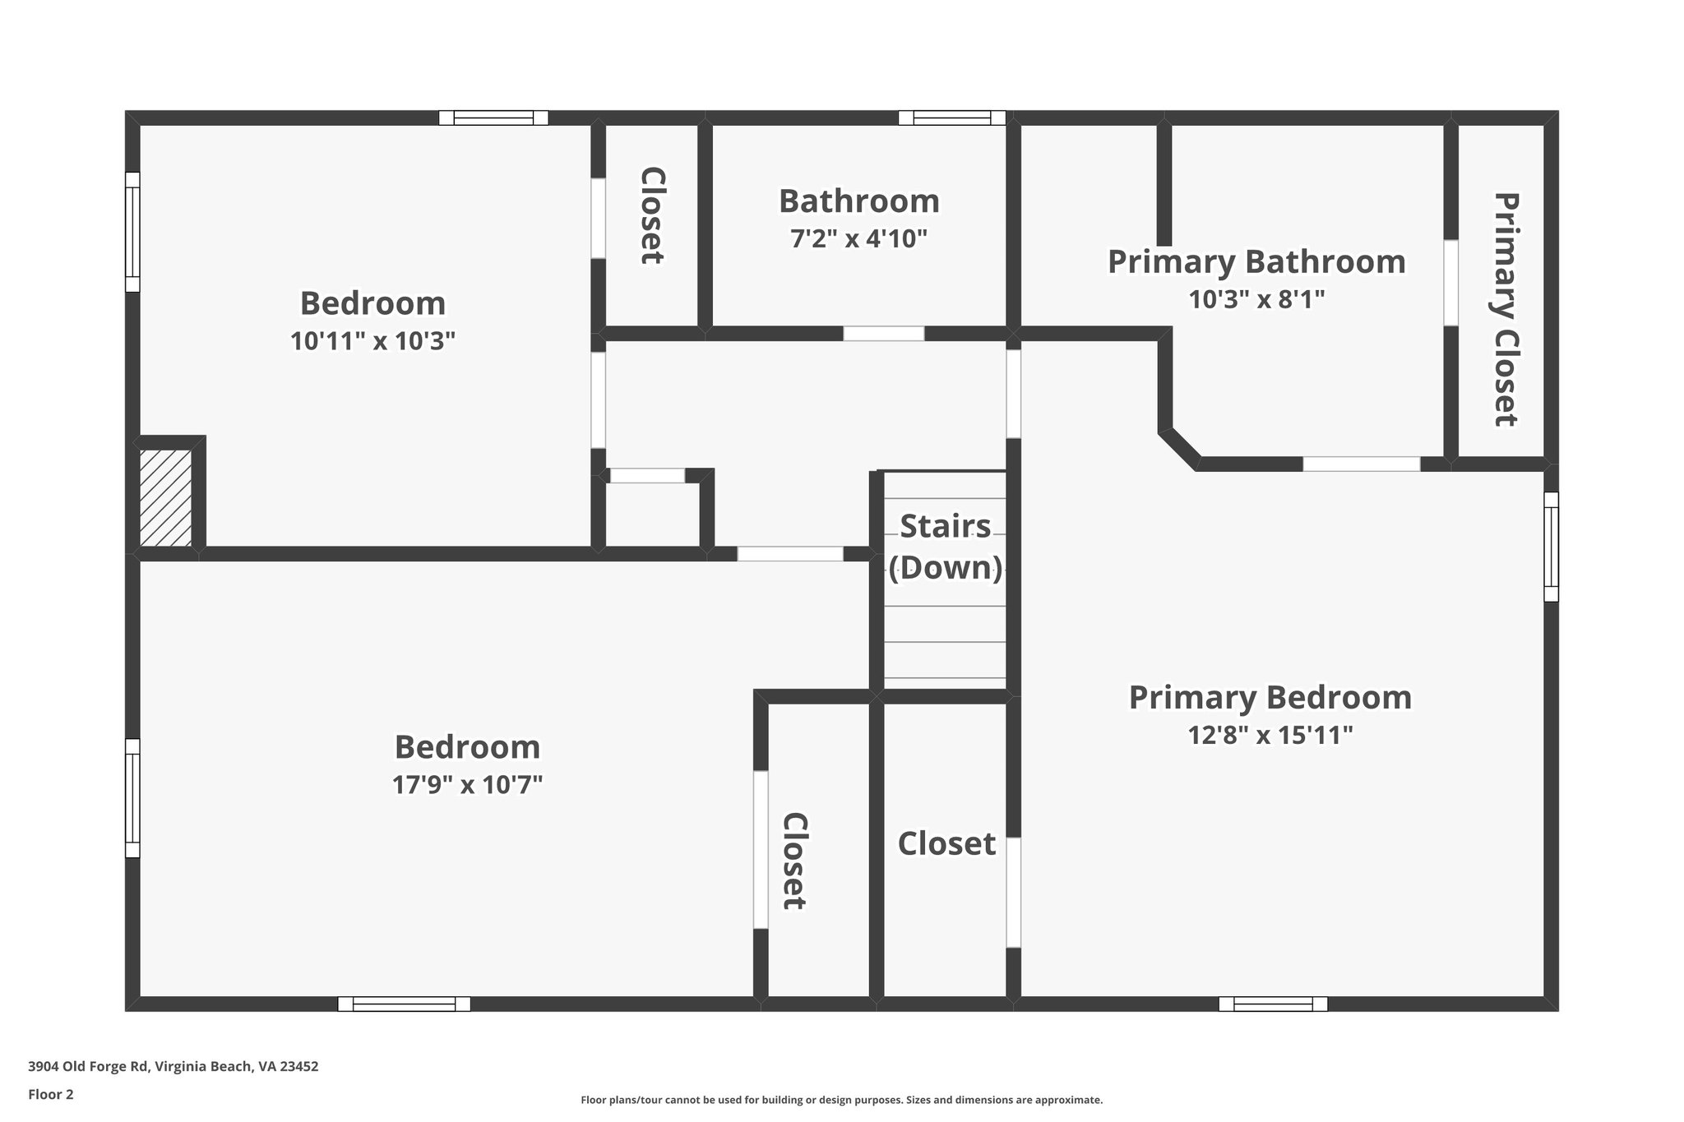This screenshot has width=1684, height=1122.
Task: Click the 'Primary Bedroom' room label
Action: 1270,698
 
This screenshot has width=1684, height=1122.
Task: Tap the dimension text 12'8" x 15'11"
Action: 1270,735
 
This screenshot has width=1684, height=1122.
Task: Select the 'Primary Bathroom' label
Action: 1256,262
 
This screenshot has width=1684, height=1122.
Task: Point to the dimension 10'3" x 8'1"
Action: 1256,299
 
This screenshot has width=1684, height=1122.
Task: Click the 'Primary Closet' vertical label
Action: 1504,309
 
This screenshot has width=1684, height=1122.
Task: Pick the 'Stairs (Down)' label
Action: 946,547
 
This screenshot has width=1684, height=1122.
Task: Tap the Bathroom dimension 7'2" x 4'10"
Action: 858,239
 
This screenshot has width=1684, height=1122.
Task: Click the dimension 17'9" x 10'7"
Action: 467,785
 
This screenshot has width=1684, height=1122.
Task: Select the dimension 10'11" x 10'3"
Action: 372,341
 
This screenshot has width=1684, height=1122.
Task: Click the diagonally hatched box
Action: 165,498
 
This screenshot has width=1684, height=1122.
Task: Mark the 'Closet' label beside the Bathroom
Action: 652,215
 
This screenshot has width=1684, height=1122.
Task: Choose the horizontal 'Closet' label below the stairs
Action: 946,844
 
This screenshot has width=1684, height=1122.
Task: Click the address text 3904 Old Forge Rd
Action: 88,1067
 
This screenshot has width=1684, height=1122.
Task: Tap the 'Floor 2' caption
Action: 51,1094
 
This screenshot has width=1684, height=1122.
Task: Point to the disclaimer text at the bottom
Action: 841,1100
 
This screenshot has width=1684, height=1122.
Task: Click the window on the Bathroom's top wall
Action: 951,118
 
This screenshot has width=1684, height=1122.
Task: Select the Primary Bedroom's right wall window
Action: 1551,547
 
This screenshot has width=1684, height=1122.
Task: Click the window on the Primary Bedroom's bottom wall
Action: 1273,1004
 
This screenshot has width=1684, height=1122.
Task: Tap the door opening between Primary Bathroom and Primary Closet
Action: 1451,283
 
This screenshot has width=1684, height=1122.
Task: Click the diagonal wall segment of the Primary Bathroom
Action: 1180,450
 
